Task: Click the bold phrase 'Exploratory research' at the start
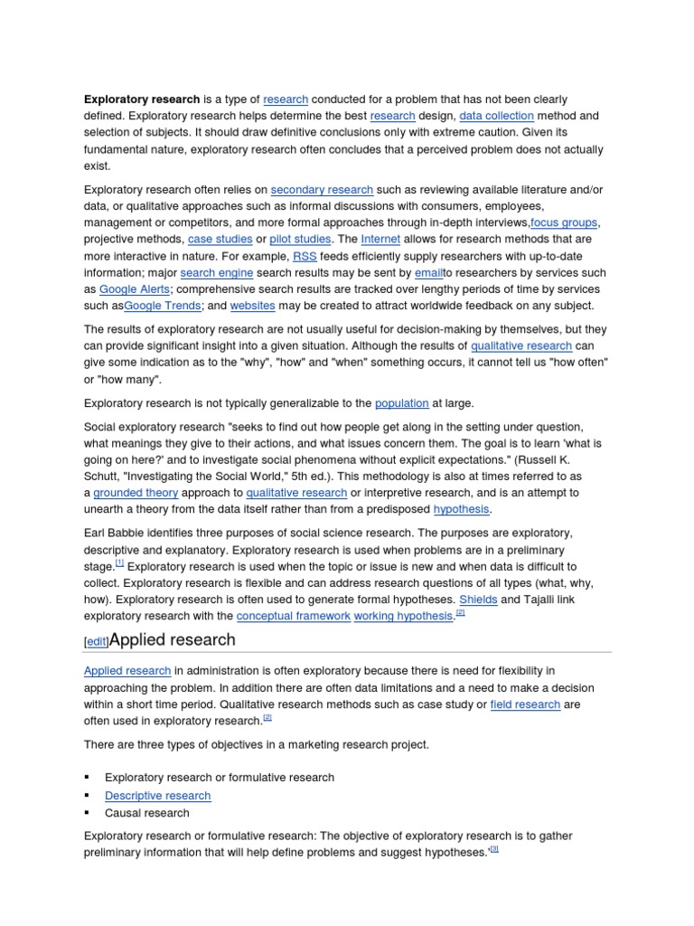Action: click(x=142, y=99)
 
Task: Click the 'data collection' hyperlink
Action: click(x=496, y=117)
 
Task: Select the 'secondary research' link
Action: click(x=322, y=190)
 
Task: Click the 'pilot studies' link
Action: click(x=300, y=240)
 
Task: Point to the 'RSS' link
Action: click(x=305, y=256)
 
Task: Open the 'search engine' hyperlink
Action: click(x=217, y=273)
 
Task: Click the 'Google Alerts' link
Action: click(x=133, y=289)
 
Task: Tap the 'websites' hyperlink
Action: click(x=253, y=306)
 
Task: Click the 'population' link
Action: click(x=401, y=403)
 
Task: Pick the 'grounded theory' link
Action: click(x=136, y=493)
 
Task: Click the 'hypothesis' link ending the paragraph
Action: click(x=461, y=509)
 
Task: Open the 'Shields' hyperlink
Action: click(x=478, y=600)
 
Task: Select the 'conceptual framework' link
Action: click(x=293, y=616)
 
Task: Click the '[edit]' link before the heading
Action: click(x=96, y=641)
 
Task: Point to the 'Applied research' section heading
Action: click(x=172, y=639)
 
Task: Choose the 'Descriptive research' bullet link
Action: click(x=157, y=796)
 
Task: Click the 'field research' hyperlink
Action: click(x=525, y=704)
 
